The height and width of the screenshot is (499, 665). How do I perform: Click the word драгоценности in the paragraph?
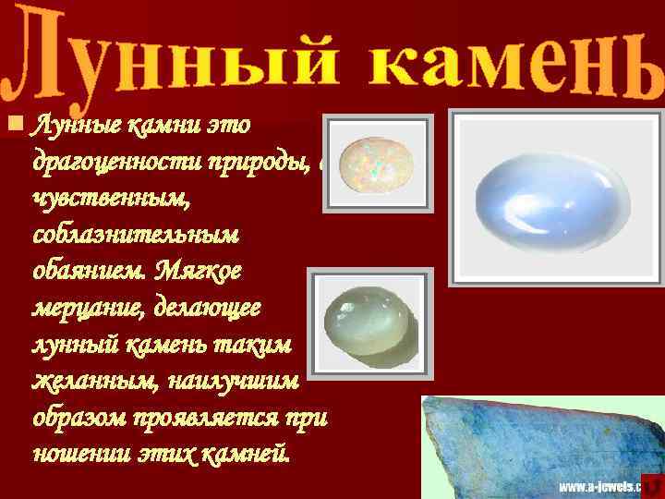pyautogui.click(x=112, y=162)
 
